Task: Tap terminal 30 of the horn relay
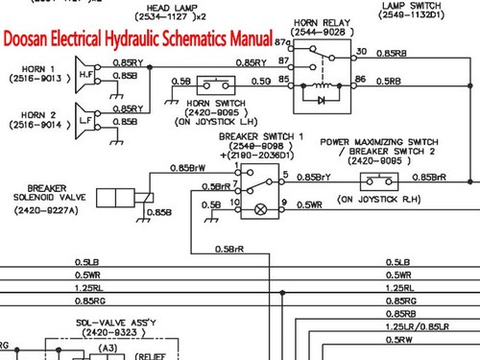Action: click(360, 50)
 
